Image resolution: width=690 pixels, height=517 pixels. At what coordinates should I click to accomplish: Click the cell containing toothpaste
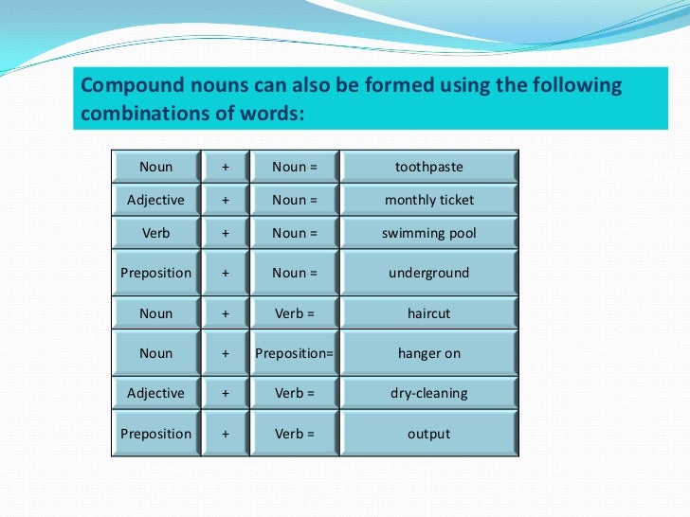click(x=428, y=167)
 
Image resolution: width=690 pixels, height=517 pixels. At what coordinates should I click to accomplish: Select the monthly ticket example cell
click(x=428, y=200)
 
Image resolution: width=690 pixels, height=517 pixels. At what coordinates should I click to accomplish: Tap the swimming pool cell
click(x=428, y=233)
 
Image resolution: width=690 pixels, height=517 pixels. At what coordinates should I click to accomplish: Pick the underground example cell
click(x=428, y=273)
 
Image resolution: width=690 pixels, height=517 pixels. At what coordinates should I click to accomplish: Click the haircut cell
click(x=428, y=313)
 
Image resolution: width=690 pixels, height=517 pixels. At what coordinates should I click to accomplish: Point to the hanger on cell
click(x=428, y=353)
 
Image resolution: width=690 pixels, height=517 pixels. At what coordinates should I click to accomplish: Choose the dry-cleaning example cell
click(x=428, y=393)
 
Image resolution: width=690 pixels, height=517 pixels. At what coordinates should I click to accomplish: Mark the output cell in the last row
click(x=428, y=434)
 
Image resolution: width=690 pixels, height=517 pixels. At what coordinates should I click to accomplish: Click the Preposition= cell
click(x=294, y=353)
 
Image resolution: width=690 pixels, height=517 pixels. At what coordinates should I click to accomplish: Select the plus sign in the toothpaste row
click(x=226, y=167)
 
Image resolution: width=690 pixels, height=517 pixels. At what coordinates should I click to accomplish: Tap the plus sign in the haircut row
click(x=226, y=313)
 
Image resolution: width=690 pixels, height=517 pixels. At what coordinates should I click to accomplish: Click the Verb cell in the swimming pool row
click(x=156, y=233)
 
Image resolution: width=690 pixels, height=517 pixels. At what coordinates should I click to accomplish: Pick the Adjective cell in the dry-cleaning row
click(x=156, y=393)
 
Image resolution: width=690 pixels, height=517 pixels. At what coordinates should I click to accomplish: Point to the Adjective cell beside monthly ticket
click(x=156, y=200)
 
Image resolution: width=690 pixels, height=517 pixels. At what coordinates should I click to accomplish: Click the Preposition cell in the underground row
click(x=156, y=273)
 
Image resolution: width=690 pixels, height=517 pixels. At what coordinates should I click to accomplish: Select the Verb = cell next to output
click(x=294, y=434)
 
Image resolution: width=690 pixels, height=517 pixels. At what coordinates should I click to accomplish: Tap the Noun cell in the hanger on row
click(x=156, y=353)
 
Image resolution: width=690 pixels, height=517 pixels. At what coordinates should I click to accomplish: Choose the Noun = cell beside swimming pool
click(x=294, y=233)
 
